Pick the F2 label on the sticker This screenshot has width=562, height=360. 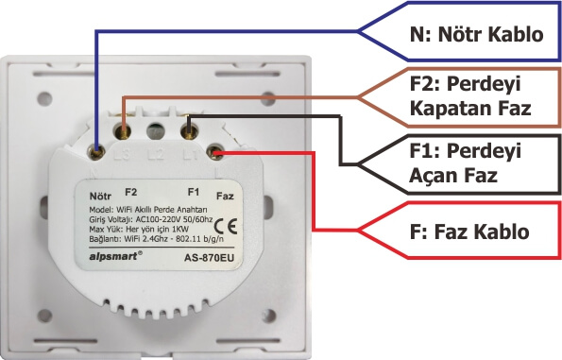pyautogui.click(x=130, y=192)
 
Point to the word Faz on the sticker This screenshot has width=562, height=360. pyautogui.click(x=225, y=197)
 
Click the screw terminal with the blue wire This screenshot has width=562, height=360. pyautogui.click(x=98, y=148)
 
